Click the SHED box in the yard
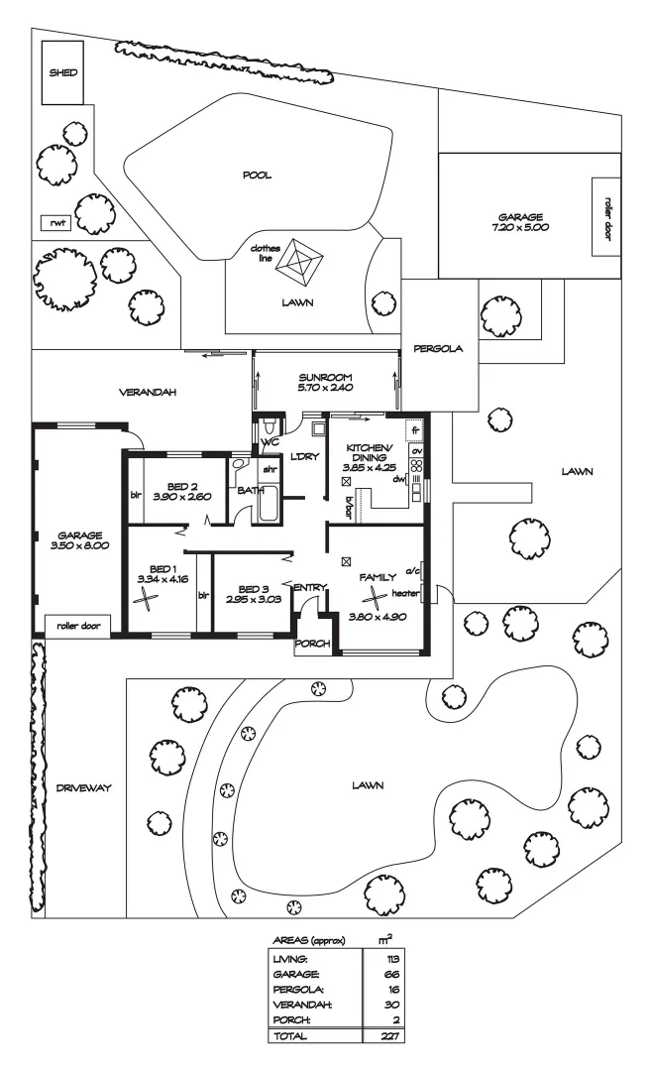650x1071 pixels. [63, 73]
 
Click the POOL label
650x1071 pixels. [257, 176]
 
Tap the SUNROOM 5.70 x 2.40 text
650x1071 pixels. [325, 383]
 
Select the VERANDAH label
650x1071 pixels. [148, 393]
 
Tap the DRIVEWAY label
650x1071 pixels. [82, 788]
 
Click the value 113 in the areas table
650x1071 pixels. [379, 959]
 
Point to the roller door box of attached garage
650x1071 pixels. [79, 627]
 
